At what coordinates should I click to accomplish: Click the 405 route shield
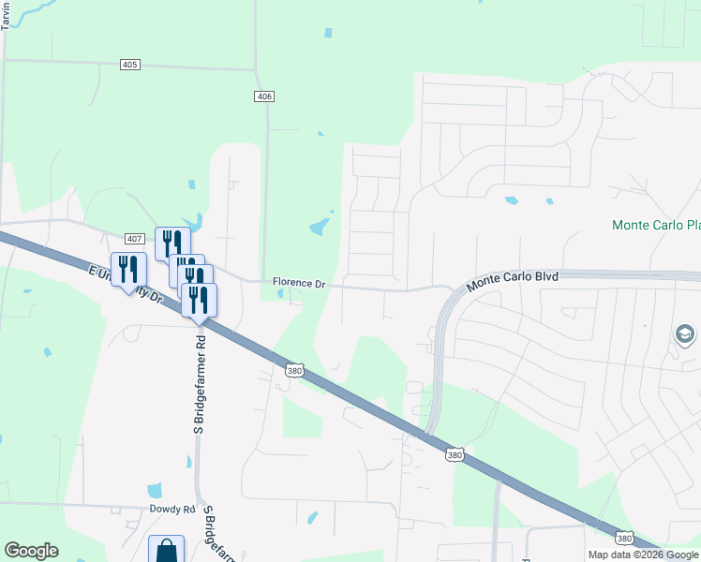(130, 64)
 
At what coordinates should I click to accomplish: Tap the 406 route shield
(265, 96)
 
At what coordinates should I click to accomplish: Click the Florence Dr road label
(298, 282)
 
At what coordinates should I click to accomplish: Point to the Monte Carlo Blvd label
(513, 278)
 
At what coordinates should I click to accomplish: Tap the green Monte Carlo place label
(655, 225)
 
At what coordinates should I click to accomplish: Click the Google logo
(32, 551)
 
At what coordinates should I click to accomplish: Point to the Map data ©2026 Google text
(644, 555)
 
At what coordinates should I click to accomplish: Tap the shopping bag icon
(166, 550)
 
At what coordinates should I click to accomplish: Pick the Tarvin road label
(6, 16)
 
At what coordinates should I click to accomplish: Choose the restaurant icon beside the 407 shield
(172, 244)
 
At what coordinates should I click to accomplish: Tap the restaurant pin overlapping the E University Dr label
(128, 270)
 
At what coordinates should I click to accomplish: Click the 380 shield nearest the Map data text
(625, 538)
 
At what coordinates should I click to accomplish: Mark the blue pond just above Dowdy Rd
(154, 490)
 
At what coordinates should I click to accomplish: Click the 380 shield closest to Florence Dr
(294, 371)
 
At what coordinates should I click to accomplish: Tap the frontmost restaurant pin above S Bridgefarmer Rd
(199, 300)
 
